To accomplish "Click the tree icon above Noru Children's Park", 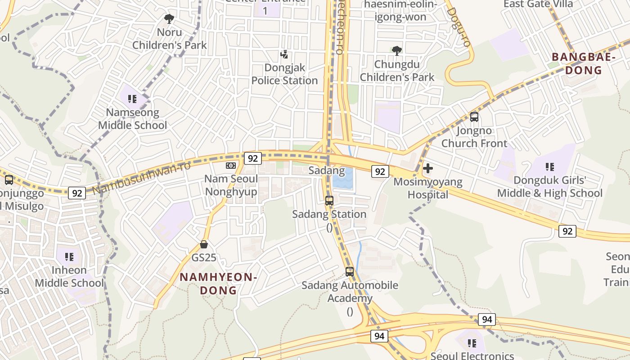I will tap(169, 19).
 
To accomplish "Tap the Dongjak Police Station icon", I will tap(284, 54).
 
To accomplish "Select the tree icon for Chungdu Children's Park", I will tap(396, 50).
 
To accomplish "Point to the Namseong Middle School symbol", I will tap(132, 99).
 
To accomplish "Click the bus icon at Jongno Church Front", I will tap(474, 117).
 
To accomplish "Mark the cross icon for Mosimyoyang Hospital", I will tap(428, 168).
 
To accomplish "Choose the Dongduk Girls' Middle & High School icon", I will tap(549, 167).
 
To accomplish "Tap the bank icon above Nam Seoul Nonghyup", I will tap(231, 166).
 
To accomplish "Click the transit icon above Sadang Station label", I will tap(329, 201).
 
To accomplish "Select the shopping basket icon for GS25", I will tap(204, 244).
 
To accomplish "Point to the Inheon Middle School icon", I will tap(69, 257).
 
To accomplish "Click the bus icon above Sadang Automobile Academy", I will tap(350, 272).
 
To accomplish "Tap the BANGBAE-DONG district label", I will tap(583, 63).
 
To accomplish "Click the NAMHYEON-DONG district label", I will tap(218, 283).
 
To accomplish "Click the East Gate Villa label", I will tap(538, 4).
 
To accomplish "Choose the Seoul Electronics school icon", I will tap(472, 343).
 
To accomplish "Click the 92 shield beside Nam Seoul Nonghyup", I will tap(253, 158).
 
